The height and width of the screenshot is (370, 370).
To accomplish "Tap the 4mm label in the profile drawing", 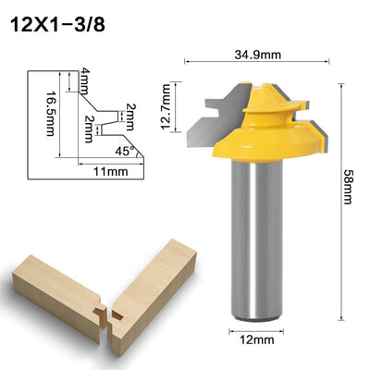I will (x=82, y=76).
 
